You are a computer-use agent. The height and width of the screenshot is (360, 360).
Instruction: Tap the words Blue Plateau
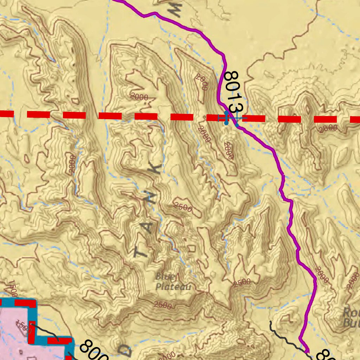[173, 282]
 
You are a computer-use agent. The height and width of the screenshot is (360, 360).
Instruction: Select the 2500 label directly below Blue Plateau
[163, 305]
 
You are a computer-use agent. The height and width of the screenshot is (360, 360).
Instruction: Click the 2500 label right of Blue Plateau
[242, 282]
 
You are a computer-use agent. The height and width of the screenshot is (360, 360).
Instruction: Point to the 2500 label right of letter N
[183, 207]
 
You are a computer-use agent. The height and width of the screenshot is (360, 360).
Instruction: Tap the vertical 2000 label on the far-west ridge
[72, 164]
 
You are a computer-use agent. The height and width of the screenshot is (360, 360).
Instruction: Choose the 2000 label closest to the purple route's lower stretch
[321, 275]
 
